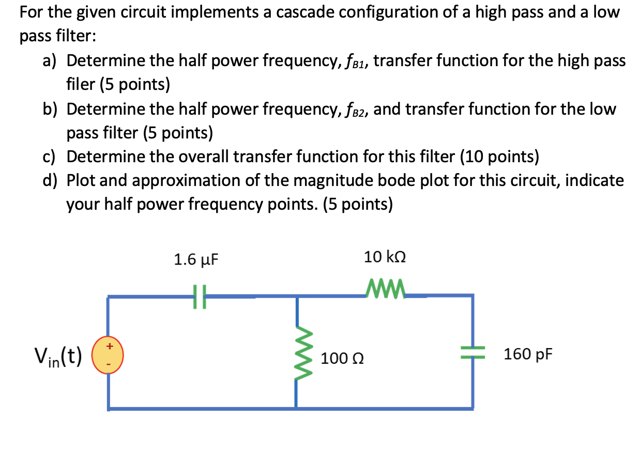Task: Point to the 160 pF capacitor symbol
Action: point(472,353)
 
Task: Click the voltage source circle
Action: point(108,355)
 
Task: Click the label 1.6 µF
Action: point(196,260)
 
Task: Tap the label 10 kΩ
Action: point(385,257)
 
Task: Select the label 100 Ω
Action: point(342,358)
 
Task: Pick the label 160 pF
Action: point(528,354)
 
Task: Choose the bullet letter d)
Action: point(50,181)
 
